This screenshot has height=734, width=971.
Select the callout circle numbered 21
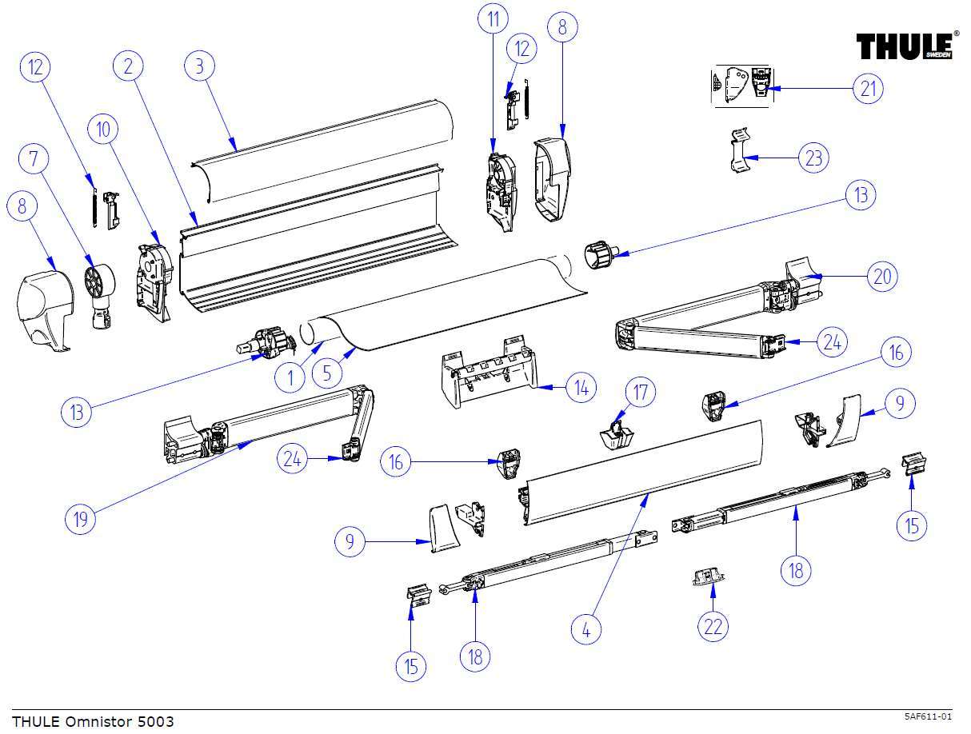pyautogui.click(x=868, y=88)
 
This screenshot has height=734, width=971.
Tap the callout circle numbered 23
pyautogui.click(x=813, y=158)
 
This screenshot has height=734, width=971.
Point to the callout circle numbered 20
pyautogui.click(x=882, y=277)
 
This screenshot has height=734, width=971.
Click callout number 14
pyautogui.click(x=581, y=389)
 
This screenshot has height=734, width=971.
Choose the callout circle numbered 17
pyautogui.click(x=640, y=393)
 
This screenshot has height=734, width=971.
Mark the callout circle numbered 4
pyautogui.click(x=586, y=629)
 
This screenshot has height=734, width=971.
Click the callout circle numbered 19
pyautogui.click(x=80, y=519)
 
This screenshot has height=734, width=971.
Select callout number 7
pyautogui.click(x=34, y=159)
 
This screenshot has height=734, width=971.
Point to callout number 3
pyautogui.click(x=200, y=66)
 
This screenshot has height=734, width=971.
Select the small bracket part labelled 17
pyautogui.click(x=616, y=434)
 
